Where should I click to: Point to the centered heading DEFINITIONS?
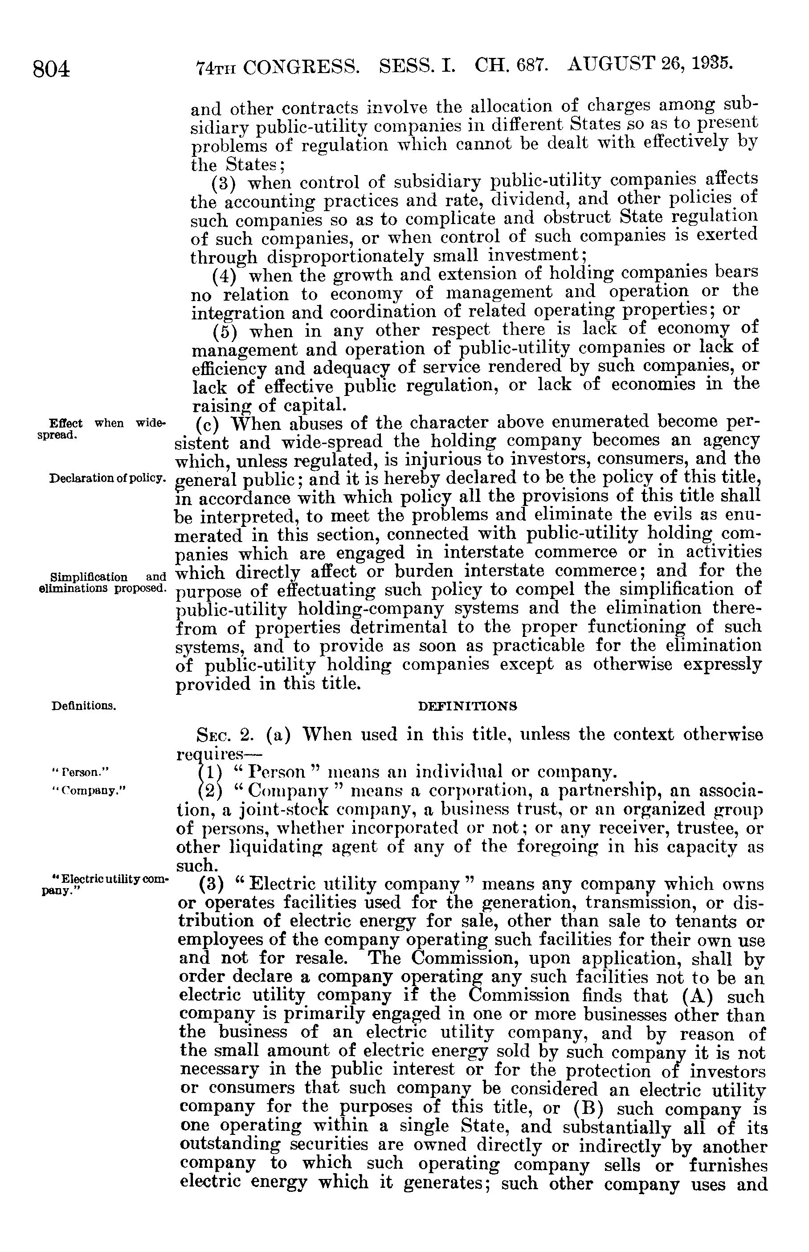pos(467,706)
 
